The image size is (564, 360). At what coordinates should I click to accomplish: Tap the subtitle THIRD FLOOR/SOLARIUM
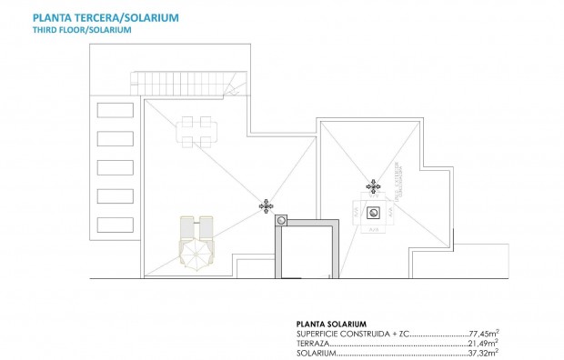point(82,30)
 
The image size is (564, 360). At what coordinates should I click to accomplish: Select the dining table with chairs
point(196,131)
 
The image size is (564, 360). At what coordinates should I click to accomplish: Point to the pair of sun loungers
point(197,226)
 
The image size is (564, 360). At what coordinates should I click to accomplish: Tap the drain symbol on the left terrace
point(266,206)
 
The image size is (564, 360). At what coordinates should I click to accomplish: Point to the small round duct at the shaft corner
point(281,219)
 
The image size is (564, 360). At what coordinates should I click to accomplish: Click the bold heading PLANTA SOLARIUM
point(331,324)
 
